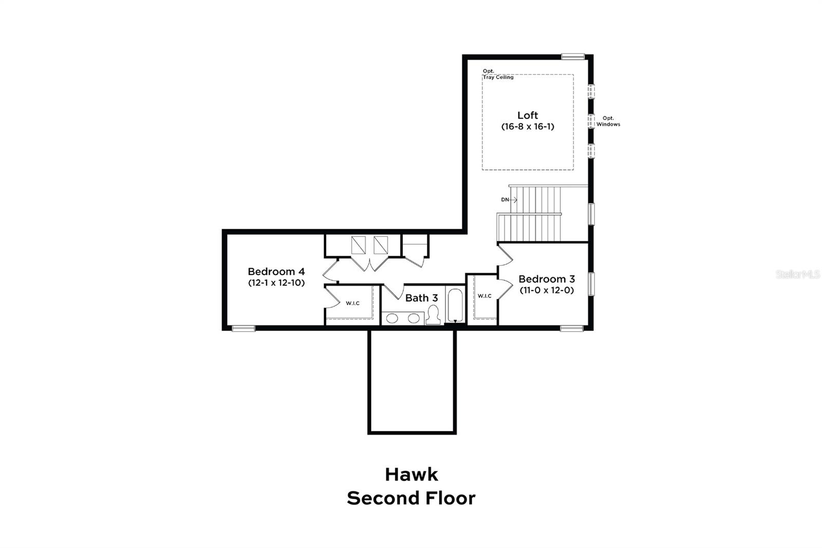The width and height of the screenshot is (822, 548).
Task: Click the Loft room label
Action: click(x=528, y=115)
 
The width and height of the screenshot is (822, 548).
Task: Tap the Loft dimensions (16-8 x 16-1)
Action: click(x=528, y=126)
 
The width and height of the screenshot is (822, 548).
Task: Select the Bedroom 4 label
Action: click(x=276, y=271)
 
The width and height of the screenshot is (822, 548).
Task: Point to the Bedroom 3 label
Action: click(x=546, y=279)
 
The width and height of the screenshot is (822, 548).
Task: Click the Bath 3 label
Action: click(x=421, y=298)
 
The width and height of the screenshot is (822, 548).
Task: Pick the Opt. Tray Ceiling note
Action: click(x=497, y=74)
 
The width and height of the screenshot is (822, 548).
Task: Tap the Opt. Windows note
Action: click(x=608, y=121)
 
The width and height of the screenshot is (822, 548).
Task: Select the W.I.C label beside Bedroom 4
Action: click(x=352, y=303)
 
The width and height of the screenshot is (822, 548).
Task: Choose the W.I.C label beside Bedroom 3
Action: click(x=484, y=296)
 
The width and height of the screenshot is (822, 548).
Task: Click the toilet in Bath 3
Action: click(x=434, y=315)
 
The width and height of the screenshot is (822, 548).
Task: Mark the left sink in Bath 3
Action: click(x=392, y=318)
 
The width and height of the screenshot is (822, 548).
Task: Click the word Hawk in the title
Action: click(x=411, y=474)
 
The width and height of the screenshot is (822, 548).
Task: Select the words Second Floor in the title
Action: click(x=411, y=498)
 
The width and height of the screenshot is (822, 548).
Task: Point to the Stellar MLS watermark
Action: click(x=798, y=275)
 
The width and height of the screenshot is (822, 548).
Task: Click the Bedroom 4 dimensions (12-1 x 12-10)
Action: click(x=276, y=283)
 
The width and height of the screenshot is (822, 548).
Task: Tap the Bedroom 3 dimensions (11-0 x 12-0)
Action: click(x=546, y=290)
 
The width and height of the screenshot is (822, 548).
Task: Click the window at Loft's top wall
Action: click(x=572, y=57)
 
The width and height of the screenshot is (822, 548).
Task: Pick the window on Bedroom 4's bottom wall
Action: click(x=243, y=328)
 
